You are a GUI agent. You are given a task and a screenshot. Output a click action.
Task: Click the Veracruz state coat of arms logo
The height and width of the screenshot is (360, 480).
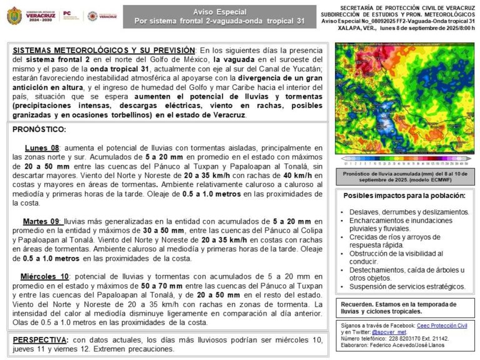click(14, 16)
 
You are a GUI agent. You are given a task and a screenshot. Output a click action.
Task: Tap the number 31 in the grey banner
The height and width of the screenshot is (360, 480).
click(301, 21)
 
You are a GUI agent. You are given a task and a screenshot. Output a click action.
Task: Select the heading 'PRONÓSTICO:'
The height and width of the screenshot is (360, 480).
click(39, 129)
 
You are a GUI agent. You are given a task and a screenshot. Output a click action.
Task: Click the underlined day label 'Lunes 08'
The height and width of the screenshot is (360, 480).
click(41, 147)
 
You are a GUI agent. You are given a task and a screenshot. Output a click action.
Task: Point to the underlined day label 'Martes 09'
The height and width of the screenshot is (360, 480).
click(42, 221)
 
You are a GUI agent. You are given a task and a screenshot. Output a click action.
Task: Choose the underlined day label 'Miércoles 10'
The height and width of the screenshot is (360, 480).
click(44, 277)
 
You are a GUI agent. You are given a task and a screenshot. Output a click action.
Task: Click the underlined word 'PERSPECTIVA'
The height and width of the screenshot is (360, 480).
click(40, 339)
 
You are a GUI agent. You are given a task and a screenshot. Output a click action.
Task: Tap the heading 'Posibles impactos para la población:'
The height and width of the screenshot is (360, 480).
click(404, 196)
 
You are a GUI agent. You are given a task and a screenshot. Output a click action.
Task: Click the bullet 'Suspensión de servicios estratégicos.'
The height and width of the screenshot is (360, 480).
click(407, 287)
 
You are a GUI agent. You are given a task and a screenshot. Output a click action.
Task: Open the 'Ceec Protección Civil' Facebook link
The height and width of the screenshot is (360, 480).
click(442, 326)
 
